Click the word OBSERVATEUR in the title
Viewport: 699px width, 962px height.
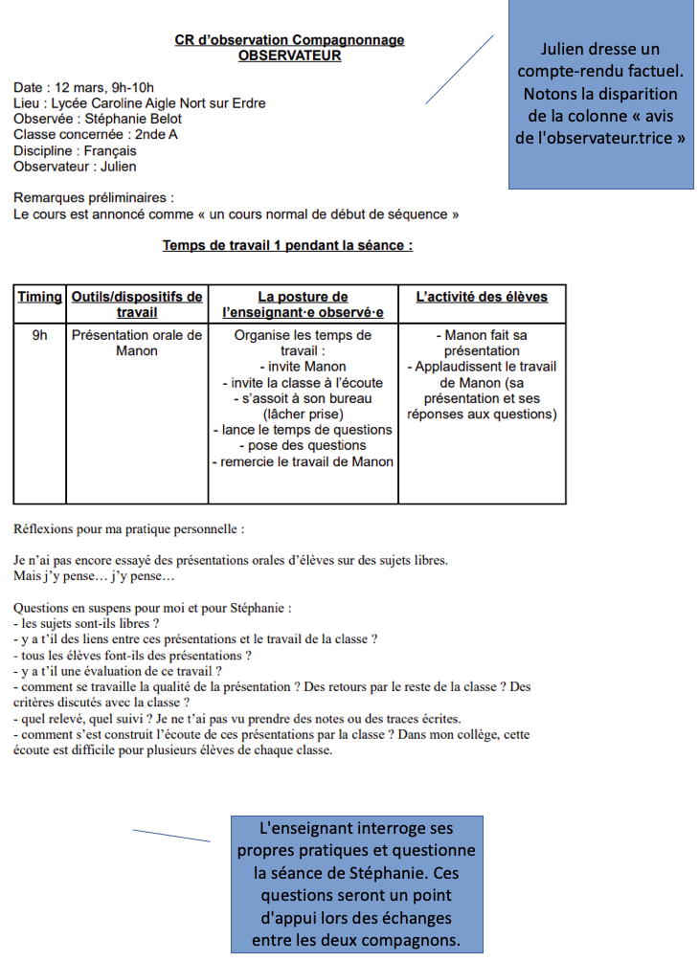[x=289, y=56]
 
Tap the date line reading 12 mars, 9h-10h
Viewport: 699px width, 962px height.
[x=83, y=87]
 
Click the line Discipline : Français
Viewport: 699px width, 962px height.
[x=75, y=150]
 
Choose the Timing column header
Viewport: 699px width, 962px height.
[x=40, y=297]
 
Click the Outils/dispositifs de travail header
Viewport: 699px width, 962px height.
[x=137, y=304]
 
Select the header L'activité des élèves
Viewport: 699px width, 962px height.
[x=482, y=297]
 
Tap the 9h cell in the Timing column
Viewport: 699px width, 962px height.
[x=40, y=336]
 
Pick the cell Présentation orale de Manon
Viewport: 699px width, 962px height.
[x=137, y=343]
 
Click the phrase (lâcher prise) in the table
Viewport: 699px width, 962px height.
[x=303, y=414]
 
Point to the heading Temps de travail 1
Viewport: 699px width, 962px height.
[x=287, y=245]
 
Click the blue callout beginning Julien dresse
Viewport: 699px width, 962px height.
[x=600, y=94]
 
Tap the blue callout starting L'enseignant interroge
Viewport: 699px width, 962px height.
[x=356, y=884]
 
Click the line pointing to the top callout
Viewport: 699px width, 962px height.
[x=460, y=69]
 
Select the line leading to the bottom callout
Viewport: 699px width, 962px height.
[x=171, y=836]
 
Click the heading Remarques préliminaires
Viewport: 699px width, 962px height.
[x=94, y=198]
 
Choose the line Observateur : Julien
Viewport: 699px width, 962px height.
[x=75, y=167]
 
